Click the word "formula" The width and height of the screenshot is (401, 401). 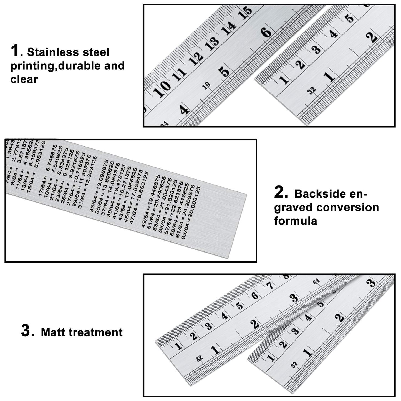coord(296,221)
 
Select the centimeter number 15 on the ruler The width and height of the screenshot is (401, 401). coord(245,12)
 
